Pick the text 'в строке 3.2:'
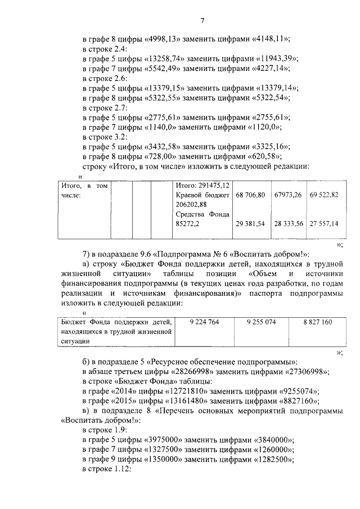click(x=105, y=137)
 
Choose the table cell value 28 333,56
click(x=288, y=223)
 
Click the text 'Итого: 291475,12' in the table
click(x=202, y=185)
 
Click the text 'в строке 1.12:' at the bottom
click(x=107, y=469)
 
